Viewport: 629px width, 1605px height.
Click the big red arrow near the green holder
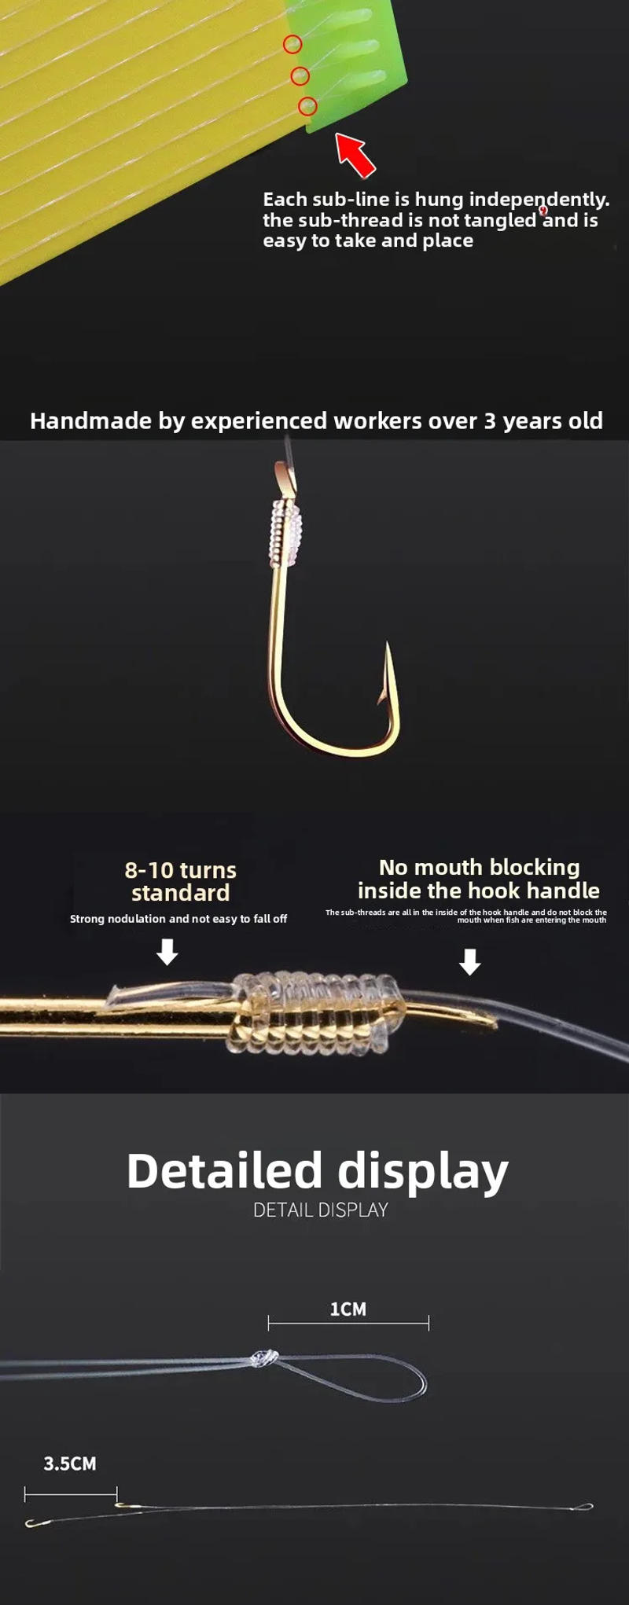pyautogui.click(x=355, y=154)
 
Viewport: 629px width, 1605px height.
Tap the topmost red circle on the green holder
pyautogui.click(x=292, y=45)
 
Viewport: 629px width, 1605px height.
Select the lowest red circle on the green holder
pyautogui.click(x=307, y=105)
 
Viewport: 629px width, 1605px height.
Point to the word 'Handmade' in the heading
pyautogui.click(x=90, y=421)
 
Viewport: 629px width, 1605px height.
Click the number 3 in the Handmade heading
pyautogui.click(x=489, y=421)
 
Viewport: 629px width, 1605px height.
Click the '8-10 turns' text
pyautogui.click(x=180, y=870)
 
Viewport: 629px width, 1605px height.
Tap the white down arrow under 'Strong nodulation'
pyautogui.click(x=167, y=953)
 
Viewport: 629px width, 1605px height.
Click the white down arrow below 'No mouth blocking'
pyautogui.click(x=469, y=961)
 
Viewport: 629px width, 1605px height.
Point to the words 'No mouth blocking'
pyautogui.click(x=479, y=867)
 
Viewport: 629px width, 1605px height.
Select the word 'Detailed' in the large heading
pyautogui.click(x=224, y=1171)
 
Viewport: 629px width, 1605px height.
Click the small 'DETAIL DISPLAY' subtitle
pyautogui.click(x=320, y=1210)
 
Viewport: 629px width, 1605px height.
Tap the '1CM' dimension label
pyautogui.click(x=348, y=1309)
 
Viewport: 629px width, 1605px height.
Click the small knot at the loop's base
pyautogui.click(x=264, y=1357)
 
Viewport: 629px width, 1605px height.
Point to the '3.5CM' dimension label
pyautogui.click(x=69, y=1464)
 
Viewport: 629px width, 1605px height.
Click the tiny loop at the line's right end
pyautogui.click(x=583, y=1507)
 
